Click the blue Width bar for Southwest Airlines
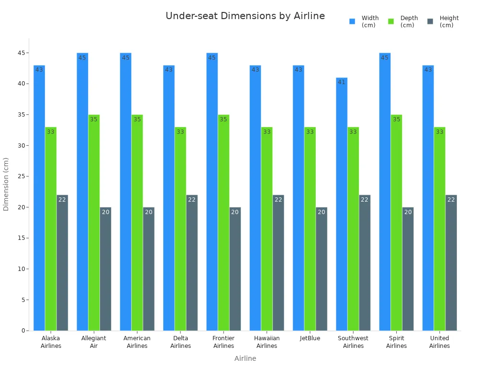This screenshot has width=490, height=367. [x=342, y=205]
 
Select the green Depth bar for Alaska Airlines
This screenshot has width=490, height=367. [x=51, y=229]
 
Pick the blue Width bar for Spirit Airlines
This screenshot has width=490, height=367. [x=385, y=191]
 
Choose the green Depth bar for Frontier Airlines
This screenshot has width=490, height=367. [x=223, y=223]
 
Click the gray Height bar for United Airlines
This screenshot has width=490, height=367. [x=451, y=263]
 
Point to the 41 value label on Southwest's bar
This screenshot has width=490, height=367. [x=342, y=82]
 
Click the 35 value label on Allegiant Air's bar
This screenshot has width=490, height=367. [x=94, y=119]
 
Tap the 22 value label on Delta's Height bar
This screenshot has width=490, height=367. [x=192, y=200]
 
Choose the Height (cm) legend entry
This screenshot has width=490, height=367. [x=444, y=22]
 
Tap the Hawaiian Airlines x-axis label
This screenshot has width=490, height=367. [x=267, y=342]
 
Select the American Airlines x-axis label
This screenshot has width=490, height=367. [x=137, y=342]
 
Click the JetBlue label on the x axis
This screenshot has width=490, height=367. [x=310, y=338]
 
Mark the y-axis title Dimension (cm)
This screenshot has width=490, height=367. [x=6, y=184]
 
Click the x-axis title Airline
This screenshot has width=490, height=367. [x=245, y=358]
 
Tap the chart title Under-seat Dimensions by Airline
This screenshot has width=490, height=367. [x=245, y=16]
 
